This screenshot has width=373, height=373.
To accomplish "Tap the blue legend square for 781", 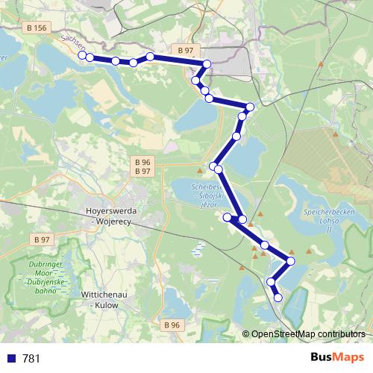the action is tap(11, 358).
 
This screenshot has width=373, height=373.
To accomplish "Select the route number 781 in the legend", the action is tap(31, 358).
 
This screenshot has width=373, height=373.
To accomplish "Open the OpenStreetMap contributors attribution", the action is tap(308, 334).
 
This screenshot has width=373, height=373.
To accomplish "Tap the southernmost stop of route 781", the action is tap(278, 298).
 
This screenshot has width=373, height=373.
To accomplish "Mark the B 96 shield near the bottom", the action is tap(171, 325).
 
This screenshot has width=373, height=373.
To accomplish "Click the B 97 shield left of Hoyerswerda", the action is tap(41, 239).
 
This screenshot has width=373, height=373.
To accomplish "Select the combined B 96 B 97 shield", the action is tap(142, 166).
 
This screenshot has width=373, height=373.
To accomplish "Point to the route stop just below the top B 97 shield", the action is tap(207, 64).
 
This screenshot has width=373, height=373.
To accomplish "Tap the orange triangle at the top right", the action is tap(320, 65).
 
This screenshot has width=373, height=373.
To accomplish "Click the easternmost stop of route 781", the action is tap(291, 261).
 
